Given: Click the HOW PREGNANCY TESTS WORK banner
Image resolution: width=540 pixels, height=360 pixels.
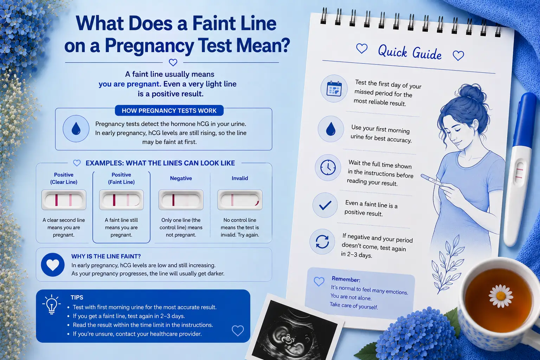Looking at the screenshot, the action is pyautogui.click(x=169, y=110).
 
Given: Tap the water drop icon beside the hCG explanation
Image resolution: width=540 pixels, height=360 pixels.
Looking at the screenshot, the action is pyautogui.click(x=76, y=129).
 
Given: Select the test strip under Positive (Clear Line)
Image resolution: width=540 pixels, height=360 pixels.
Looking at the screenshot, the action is pyautogui.click(x=64, y=200).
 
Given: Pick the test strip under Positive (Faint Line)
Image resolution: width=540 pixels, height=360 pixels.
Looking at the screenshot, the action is pyautogui.click(x=121, y=200).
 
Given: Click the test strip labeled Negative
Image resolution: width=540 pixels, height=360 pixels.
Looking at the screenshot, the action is pyautogui.click(x=181, y=200).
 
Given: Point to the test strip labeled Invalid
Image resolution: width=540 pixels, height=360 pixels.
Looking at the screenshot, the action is pyautogui.click(x=240, y=200).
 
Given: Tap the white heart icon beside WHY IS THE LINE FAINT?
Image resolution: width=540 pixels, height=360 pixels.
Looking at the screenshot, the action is pyautogui.click(x=53, y=264).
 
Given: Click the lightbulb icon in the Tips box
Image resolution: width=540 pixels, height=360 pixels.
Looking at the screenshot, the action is pyautogui.click(x=51, y=304).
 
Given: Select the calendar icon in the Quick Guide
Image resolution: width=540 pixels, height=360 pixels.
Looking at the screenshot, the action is pyautogui.click(x=334, y=89).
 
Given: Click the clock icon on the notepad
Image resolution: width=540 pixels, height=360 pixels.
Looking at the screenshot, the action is pyautogui.click(x=328, y=167).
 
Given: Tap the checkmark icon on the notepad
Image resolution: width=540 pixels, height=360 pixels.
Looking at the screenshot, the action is pyautogui.click(x=325, y=205).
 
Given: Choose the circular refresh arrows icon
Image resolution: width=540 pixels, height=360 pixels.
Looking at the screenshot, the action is pyautogui.click(x=322, y=242).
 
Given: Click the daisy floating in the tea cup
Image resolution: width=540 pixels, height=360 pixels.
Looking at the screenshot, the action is pyautogui.click(x=501, y=296).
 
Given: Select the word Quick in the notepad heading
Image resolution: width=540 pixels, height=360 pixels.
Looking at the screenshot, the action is pyautogui.click(x=393, y=51).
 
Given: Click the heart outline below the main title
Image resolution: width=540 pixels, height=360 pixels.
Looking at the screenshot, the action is pyautogui.click(x=173, y=63).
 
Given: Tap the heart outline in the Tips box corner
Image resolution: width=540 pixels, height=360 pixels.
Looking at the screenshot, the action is pyautogui.click(x=238, y=330).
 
